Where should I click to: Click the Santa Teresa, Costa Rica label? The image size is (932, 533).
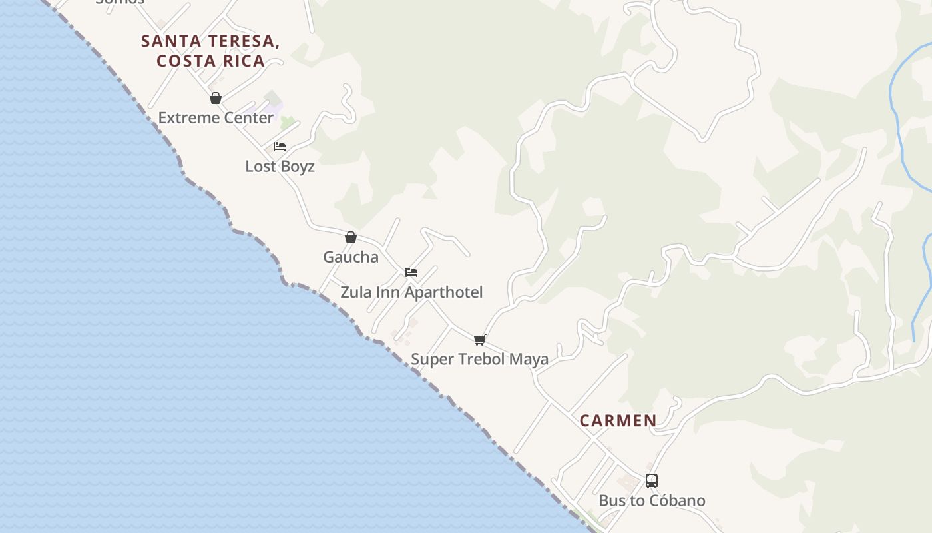click(x=210, y=51)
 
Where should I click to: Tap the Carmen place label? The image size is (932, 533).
click(x=618, y=420)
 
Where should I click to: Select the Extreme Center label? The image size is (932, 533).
click(x=216, y=118)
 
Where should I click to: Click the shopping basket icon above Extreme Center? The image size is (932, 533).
click(x=216, y=99)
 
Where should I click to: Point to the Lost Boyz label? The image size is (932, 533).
click(x=280, y=166)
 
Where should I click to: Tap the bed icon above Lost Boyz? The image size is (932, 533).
click(x=280, y=147)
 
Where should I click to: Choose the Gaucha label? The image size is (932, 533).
click(x=351, y=257)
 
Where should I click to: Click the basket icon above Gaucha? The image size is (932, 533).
click(x=351, y=237)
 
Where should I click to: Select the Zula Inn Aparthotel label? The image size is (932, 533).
click(x=411, y=292)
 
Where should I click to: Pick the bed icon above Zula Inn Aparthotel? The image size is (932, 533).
click(x=411, y=272)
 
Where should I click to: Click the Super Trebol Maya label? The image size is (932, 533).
click(x=479, y=359)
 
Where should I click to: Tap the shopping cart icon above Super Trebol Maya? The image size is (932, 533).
click(x=480, y=340)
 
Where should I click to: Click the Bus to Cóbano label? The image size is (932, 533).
click(x=652, y=500)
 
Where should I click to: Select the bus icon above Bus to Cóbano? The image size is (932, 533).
click(x=652, y=481)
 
